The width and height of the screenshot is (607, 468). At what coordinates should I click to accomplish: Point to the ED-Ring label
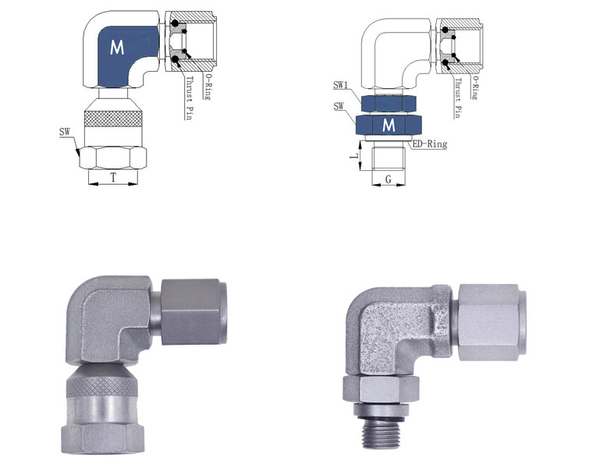[428, 144]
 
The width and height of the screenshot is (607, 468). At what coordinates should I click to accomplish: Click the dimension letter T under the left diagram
[113, 178]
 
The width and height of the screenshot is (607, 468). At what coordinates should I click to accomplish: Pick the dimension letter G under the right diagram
[388, 179]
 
